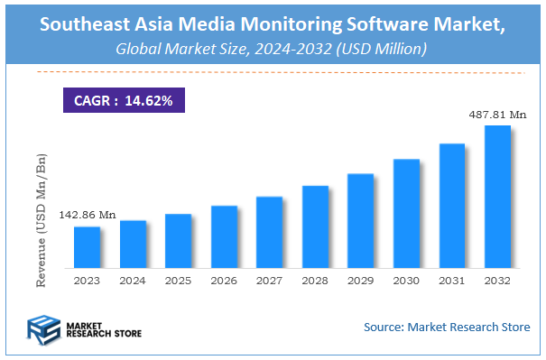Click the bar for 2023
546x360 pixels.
(x=87, y=247)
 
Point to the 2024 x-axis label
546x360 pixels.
(x=132, y=282)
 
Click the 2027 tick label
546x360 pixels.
(x=269, y=282)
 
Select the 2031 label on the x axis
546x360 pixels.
(x=451, y=282)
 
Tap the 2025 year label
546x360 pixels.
(x=178, y=282)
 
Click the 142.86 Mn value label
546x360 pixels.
(x=88, y=215)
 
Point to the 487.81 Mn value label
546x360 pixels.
(x=498, y=115)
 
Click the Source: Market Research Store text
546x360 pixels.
(x=447, y=326)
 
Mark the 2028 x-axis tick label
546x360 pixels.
(x=315, y=282)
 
